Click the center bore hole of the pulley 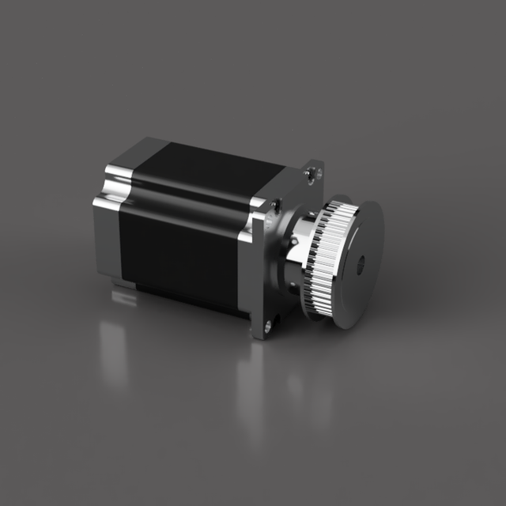(361, 264)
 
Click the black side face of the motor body (178, 245)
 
